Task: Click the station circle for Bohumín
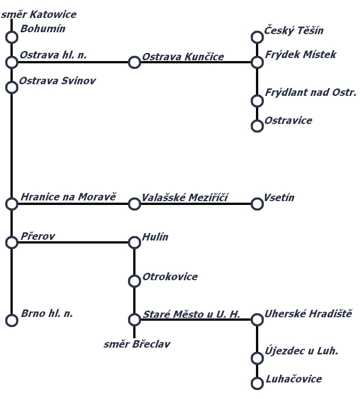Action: [12, 37]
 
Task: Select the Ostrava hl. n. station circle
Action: [12, 62]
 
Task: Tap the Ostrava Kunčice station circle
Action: [134, 62]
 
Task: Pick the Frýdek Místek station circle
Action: [257, 62]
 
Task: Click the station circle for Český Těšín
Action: [257, 37]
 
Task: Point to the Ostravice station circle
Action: [257, 126]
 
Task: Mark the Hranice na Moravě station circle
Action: [12, 204]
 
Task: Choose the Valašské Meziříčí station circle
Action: [134, 204]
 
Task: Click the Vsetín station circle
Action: [257, 204]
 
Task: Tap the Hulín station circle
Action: [134, 242]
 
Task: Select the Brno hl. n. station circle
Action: [12, 320]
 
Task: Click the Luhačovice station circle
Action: [257, 383]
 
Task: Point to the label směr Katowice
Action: [39, 15]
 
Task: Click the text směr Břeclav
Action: [137, 344]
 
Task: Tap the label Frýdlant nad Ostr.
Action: [311, 92]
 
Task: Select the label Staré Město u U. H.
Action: [192, 314]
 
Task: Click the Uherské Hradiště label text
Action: [308, 314]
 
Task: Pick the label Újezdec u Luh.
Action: [302, 351]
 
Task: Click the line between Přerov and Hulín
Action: [73, 242]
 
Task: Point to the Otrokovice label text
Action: [170, 277]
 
